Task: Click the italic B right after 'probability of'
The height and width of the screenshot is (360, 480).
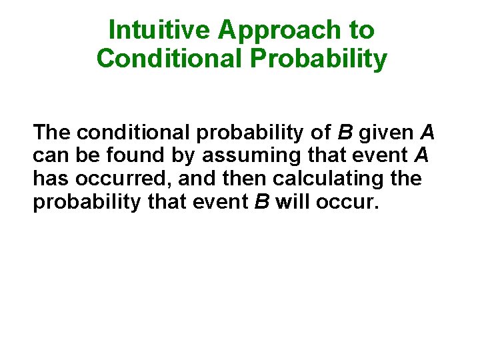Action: (x=348, y=133)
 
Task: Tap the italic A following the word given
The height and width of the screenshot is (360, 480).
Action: (x=427, y=133)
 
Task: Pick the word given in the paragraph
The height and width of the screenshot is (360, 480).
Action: (x=387, y=133)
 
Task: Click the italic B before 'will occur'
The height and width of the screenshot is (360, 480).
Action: (x=262, y=203)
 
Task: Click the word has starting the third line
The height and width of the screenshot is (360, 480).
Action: (x=52, y=179)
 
